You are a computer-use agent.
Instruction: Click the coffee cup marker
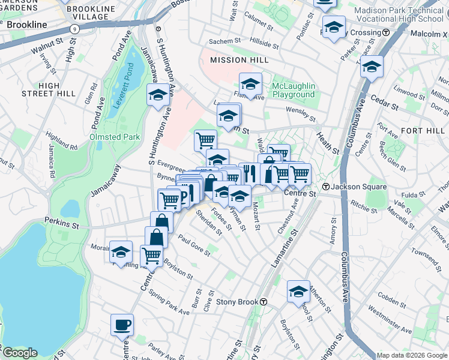(122, 325)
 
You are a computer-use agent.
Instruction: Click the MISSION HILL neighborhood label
(237, 60)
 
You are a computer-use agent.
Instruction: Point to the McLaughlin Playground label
(293, 91)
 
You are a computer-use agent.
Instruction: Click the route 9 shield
(74, 28)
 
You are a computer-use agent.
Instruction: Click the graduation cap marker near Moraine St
(121, 251)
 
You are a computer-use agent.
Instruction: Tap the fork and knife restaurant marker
(250, 173)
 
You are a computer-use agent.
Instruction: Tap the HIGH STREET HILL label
(49, 89)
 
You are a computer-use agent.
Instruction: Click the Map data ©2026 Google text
(412, 355)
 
